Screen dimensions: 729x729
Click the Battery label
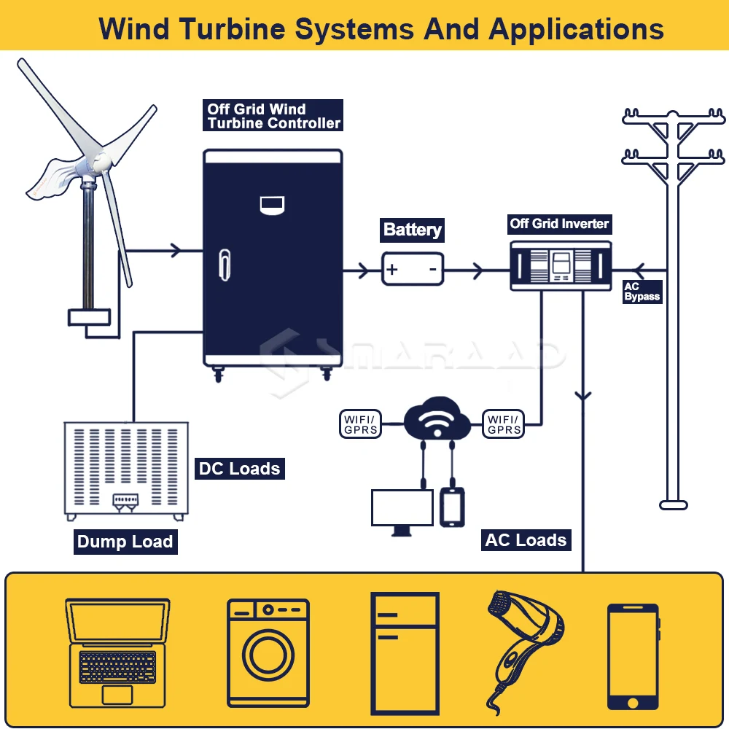tap(413, 230)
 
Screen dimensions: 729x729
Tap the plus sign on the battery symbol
tap(392, 270)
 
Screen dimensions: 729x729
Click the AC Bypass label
tap(642, 292)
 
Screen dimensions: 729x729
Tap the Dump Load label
tap(125, 542)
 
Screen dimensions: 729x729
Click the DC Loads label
tap(240, 468)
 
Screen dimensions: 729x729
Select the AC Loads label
tap(526, 540)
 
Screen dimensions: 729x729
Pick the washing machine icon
tap(268, 652)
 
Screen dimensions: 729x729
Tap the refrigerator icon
tap(405, 653)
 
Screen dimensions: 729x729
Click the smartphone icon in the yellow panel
tap(633, 656)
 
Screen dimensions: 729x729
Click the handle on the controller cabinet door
tap(224, 263)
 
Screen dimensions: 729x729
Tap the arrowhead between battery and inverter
tap(478, 271)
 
